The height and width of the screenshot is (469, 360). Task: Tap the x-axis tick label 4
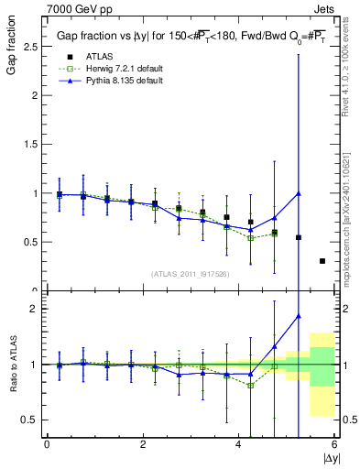(x=239, y=444)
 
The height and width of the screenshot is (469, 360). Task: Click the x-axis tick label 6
(x=334, y=444)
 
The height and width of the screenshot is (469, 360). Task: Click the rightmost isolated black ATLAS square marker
(x=322, y=261)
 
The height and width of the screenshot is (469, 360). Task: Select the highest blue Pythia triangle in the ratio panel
(x=299, y=316)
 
